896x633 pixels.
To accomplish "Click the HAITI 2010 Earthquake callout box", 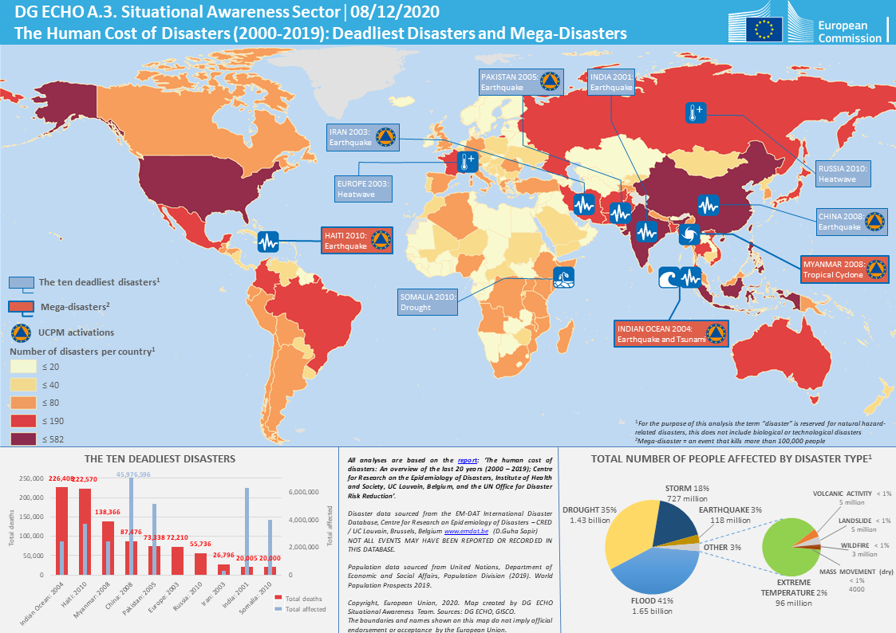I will tap(356, 240).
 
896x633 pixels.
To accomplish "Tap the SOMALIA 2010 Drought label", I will tap(428, 301).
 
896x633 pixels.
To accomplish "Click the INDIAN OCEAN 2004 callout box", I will tap(670, 333).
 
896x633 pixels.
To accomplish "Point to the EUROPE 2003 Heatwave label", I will tap(363, 188).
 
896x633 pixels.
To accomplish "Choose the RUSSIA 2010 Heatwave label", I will tap(843, 174).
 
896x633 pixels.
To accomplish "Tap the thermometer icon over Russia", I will tap(696, 113).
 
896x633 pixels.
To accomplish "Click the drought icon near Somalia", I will tap(564, 278).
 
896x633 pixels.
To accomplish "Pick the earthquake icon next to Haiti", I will tap(268, 241).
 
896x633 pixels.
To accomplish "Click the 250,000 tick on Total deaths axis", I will tap(30, 478).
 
